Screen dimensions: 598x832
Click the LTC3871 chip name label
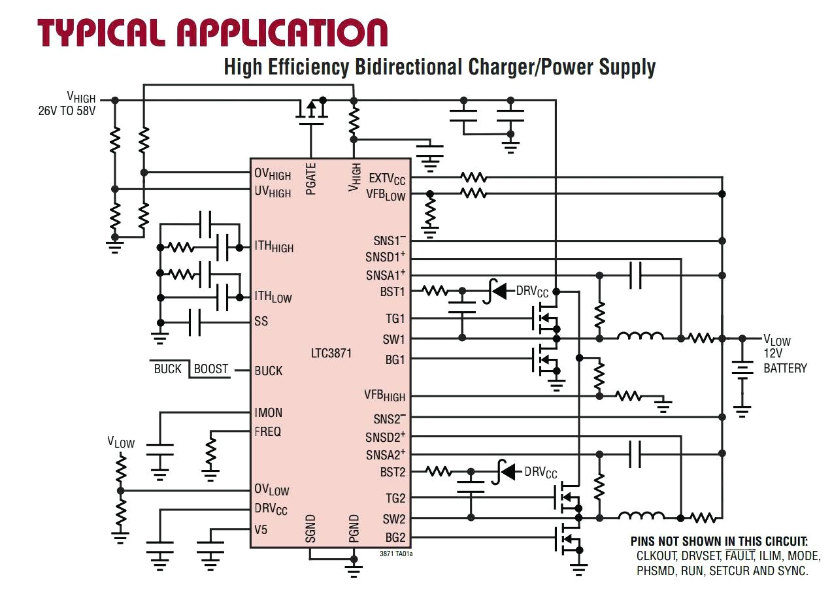[x=331, y=354]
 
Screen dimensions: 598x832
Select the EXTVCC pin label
[x=387, y=178]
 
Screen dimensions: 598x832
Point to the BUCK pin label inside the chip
[x=269, y=371]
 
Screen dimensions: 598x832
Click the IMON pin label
[x=269, y=412]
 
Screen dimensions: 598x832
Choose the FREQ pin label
[x=268, y=431]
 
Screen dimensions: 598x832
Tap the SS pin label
[x=261, y=322]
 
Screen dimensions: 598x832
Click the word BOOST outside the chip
[x=211, y=369]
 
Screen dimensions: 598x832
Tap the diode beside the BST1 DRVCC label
[x=499, y=291]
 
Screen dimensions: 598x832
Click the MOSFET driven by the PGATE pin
[x=312, y=112]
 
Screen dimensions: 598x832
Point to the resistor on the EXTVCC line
[x=474, y=177]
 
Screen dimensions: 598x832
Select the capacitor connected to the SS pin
[x=195, y=322]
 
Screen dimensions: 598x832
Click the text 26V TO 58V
[x=67, y=111]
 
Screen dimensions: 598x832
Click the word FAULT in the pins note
[x=739, y=556]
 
